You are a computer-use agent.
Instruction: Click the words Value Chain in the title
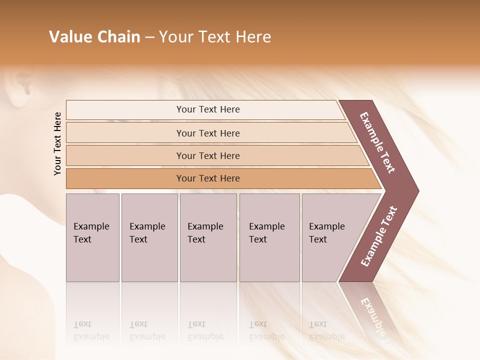click(x=94, y=37)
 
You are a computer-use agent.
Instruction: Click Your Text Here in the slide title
click(x=215, y=37)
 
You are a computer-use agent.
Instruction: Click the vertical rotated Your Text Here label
click(x=57, y=143)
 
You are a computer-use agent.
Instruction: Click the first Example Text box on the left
click(x=92, y=237)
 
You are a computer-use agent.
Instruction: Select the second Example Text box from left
click(x=149, y=237)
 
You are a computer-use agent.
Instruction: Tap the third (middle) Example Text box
click(x=208, y=237)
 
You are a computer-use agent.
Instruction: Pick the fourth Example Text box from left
click(x=269, y=237)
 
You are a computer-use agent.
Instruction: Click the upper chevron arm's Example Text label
click(x=377, y=142)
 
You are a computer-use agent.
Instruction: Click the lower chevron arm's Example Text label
click(x=378, y=236)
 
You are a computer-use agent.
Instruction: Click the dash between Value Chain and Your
click(x=149, y=37)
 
